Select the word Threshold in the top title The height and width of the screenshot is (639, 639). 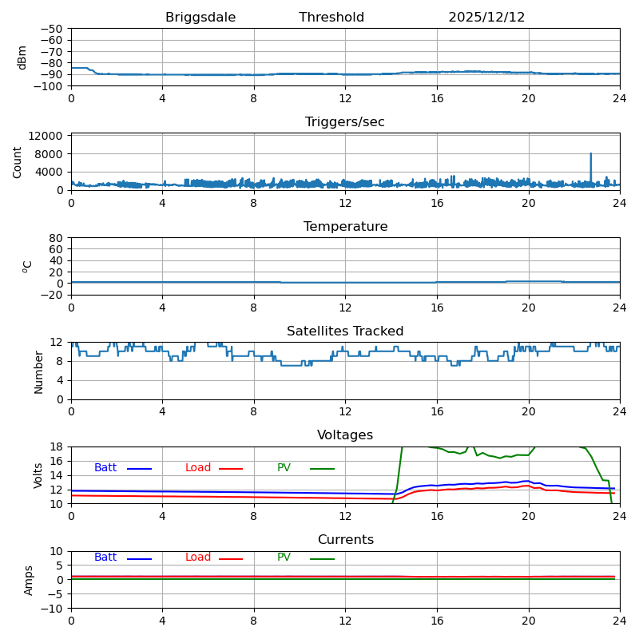point(331,18)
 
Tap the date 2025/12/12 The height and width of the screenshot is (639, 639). point(486,18)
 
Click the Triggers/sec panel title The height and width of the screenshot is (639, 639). point(345,122)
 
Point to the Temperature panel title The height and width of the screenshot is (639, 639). point(345,227)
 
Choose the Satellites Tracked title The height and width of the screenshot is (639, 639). point(345,331)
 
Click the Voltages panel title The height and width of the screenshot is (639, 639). point(345,435)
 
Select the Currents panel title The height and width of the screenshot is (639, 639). point(345,540)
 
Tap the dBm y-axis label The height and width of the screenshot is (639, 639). point(22,57)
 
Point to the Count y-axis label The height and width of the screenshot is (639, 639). point(18,161)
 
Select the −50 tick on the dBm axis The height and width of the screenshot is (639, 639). point(52,29)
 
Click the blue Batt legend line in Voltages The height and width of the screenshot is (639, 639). point(139,469)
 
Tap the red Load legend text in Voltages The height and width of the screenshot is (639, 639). point(198,468)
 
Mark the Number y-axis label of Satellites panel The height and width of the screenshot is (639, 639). point(39,371)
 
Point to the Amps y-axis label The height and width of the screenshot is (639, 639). point(30,580)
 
